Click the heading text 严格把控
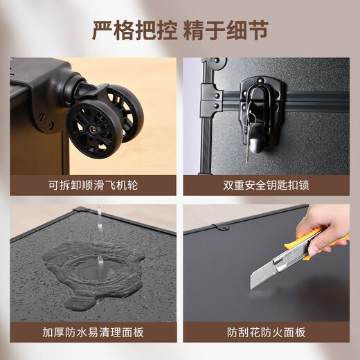click(x=135, y=30)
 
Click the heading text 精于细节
click(x=226, y=30)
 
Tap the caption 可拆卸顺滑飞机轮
click(x=93, y=186)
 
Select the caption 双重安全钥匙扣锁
click(x=266, y=186)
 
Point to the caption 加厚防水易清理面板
click(x=93, y=332)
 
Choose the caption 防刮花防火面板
click(x=266, y=332)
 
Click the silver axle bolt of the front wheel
click(x=93, y=129)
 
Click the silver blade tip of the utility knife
click(x=253, y=285)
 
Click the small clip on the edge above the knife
click(x=222, y=226)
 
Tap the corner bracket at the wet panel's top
click(x=81, y=210)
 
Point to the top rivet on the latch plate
click(x=261, y=80)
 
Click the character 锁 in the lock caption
click(x=304, y=186)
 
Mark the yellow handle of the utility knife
click(x=317, y=240)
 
